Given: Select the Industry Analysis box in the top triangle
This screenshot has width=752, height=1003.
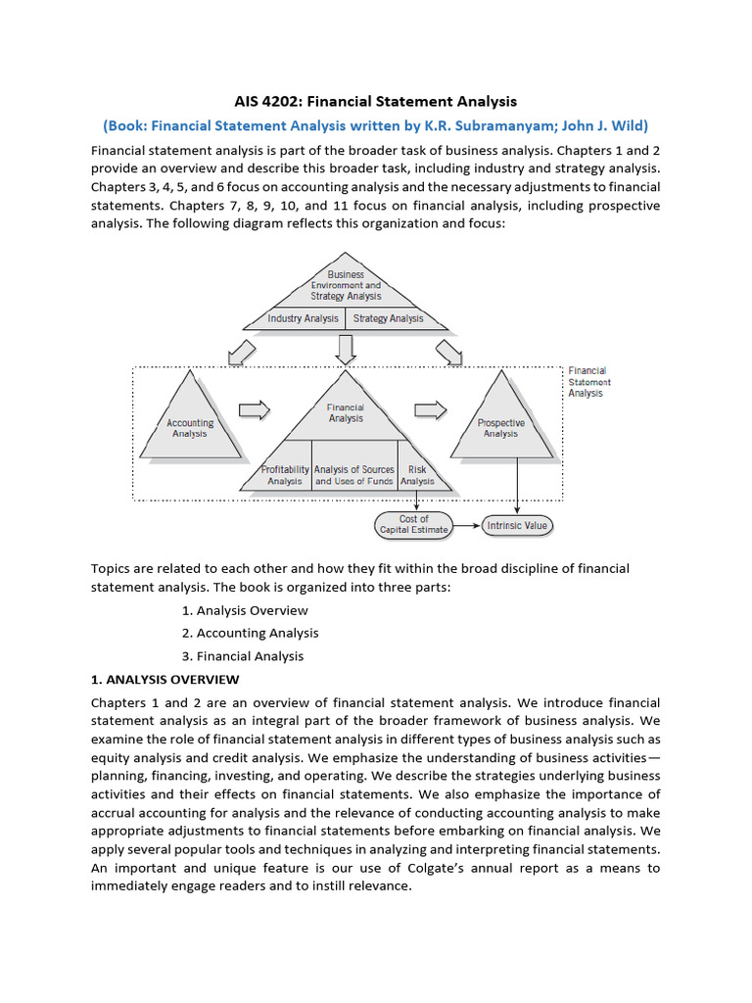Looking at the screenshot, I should (304, 318).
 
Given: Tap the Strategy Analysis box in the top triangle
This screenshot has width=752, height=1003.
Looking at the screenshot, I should (389, 318).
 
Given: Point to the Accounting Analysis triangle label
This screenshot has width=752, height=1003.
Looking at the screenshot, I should (190, 428).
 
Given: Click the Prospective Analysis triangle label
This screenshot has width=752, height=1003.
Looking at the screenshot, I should (500, 428).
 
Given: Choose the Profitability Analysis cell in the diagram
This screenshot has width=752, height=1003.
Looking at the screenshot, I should (286, 475).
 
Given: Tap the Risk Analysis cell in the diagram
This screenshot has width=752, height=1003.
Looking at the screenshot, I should (417, 475).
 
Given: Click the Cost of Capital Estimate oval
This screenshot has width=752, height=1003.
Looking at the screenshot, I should (414, 524).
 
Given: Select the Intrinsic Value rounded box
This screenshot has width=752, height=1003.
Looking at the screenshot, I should (517, 526).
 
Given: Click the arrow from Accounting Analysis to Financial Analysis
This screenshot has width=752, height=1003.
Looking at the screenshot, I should (255, 409).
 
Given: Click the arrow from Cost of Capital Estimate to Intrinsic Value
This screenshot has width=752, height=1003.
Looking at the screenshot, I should (466, 526).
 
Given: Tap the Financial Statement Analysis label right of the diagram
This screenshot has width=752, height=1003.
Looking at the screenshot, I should (587, 382).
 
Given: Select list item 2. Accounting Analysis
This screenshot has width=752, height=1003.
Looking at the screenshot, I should (251, 633).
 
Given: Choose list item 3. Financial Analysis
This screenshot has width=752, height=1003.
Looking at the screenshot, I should (243, 656).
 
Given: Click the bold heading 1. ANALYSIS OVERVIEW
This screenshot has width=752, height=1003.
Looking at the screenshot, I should (164, 680).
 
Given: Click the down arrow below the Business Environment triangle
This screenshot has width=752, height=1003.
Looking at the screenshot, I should (345, 348).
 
